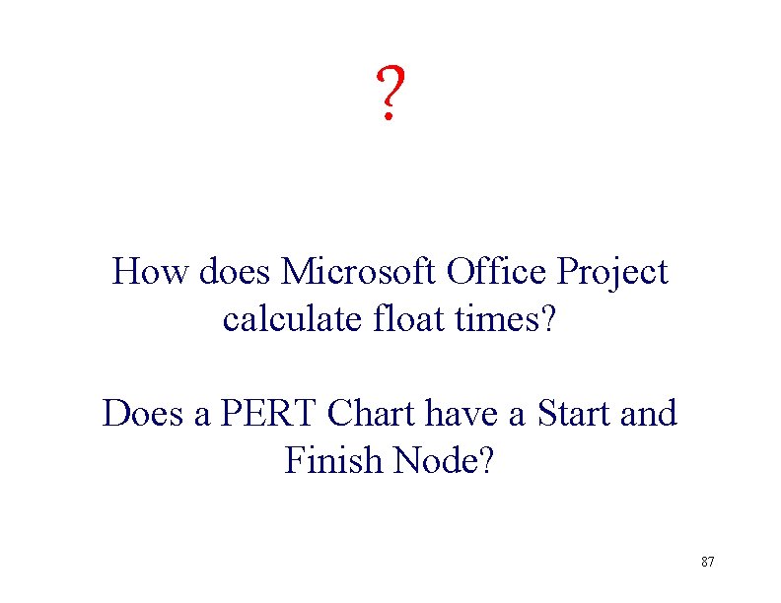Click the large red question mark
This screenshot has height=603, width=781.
coord(390,95)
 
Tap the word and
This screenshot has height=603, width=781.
coord(650,414)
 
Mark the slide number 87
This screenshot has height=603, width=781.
coord(707,562)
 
